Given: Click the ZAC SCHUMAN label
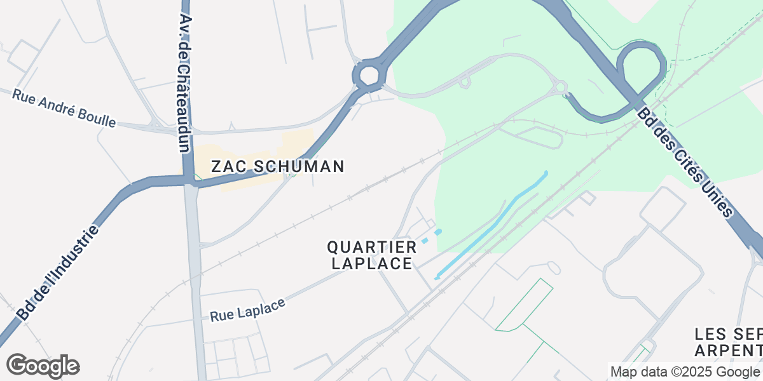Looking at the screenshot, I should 277,167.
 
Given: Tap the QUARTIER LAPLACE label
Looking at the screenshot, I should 372,255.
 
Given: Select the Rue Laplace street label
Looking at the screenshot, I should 247,307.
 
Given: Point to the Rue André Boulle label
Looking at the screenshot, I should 64,108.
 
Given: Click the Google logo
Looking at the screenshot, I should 43,366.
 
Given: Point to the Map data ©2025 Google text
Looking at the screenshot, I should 685,371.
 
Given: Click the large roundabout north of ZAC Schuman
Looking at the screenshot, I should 369,76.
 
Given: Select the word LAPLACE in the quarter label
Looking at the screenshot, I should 372,264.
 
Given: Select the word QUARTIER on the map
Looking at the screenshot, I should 372,246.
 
